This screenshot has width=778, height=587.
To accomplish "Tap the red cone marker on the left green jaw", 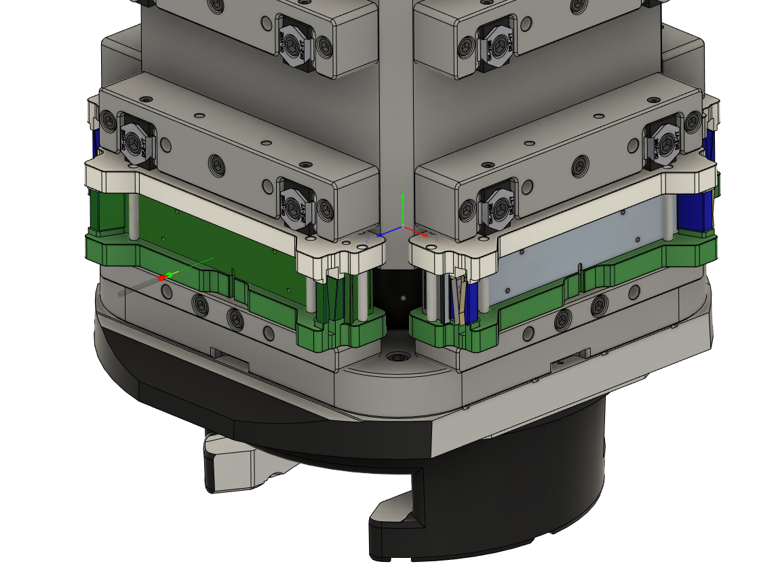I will [163, 277].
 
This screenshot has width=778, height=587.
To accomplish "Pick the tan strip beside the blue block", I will [462, 302].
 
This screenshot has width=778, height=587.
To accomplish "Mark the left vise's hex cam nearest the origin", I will [296, 207].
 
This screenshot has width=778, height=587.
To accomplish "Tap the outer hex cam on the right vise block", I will [661, 142].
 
